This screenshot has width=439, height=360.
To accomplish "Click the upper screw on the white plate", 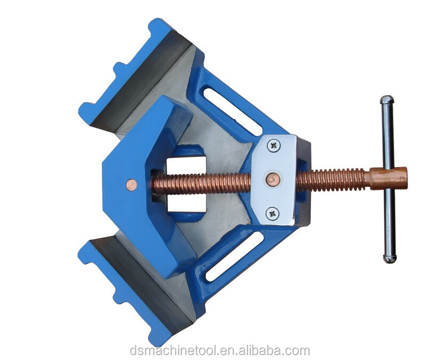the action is (274, 146).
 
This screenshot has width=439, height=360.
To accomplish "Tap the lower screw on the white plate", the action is (273, 214).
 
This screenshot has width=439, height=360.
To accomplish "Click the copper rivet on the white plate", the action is (273, 179).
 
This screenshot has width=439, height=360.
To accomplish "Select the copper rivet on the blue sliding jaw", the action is (131, 185).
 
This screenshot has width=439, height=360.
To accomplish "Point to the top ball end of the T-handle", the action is (387, 100).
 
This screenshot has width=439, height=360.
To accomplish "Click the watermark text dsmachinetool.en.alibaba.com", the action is (220, 350).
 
